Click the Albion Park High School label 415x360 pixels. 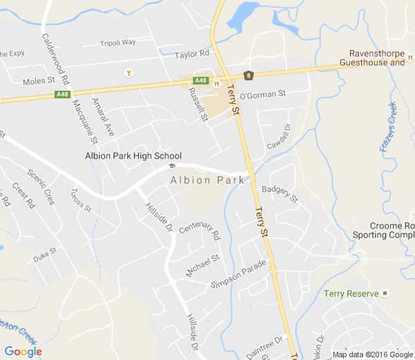(x=133, y=156)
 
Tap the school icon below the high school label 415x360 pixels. (x=172, y=166)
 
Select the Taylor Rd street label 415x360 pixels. (x=192, y=54)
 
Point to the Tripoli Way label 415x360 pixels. (x=118, y=42)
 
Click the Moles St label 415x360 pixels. (x=38, y=81)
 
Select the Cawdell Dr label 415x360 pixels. (x=280, y=132)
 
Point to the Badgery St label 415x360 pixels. (x=279, y=194)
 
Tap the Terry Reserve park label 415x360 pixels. (x=351, y=294)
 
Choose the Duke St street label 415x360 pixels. (x=45, y=255)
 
